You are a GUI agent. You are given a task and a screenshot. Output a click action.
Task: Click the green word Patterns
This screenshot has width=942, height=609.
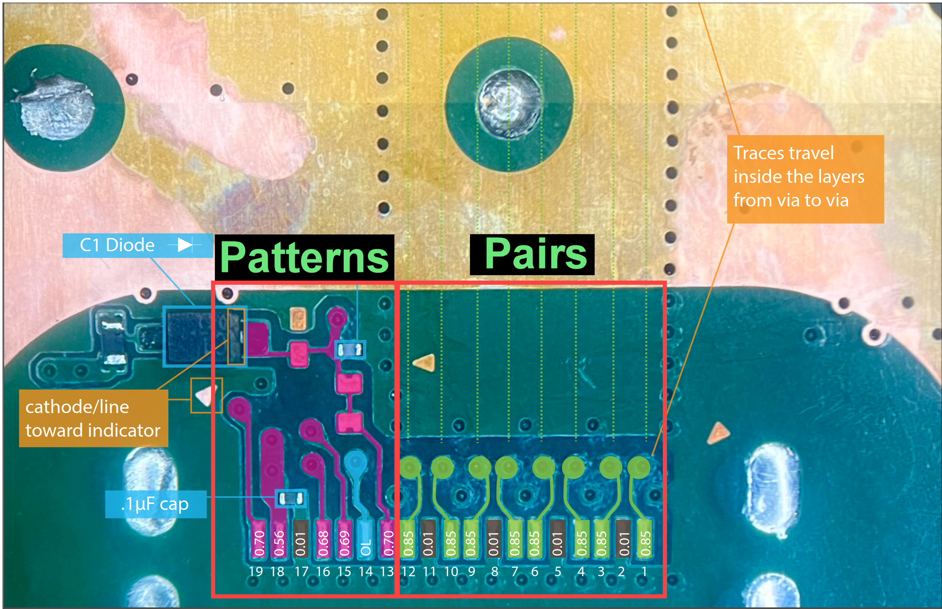[304, 257]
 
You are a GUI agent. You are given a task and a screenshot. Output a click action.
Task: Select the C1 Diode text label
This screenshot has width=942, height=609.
[117, 245]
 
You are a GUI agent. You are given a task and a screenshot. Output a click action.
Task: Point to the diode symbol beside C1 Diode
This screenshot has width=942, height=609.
[185, 245]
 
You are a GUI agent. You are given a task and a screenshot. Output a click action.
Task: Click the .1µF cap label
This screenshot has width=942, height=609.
[155, 505]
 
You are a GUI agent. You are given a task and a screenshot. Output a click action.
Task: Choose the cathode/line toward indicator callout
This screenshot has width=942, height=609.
[93, 418]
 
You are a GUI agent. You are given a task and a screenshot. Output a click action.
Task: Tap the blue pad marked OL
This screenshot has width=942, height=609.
[366, 539]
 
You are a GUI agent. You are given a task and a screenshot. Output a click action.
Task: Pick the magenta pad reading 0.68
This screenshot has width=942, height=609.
[323, 539]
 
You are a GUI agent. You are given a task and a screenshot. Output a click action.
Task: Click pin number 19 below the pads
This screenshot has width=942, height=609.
[256, 572]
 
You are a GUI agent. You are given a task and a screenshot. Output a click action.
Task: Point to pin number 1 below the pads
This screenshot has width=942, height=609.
[644, 572]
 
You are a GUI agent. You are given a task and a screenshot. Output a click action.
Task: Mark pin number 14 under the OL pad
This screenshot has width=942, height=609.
[366, 572]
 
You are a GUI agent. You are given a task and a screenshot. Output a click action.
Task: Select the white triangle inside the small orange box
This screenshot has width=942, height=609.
[204, 395]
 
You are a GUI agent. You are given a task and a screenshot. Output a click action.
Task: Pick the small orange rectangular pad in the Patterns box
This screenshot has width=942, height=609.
[299, 319]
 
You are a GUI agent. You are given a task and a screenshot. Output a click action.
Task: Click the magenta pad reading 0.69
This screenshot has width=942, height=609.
[344, 539]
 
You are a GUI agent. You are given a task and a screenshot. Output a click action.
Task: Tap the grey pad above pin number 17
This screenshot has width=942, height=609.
[301, 539]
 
